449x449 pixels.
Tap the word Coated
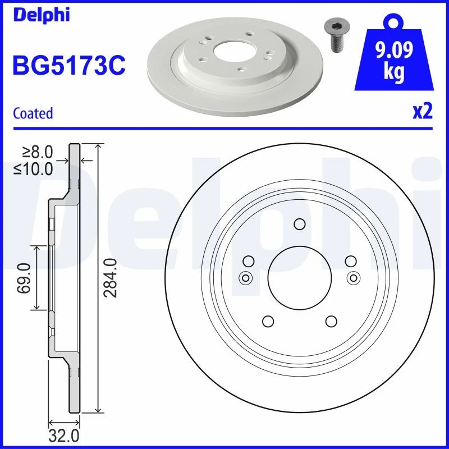click(x=33, y=113)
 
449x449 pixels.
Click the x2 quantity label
click(x=422, y=112)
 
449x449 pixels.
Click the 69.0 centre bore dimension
click(x=24, y=278)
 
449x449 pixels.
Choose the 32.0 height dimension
click(x=64, y=436)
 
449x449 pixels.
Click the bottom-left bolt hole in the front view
click(x=267, y=321)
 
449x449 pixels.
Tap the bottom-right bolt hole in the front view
click(x=331, y=321)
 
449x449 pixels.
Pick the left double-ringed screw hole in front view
click(x=245, y=277)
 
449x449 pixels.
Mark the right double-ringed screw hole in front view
click(x=353, y=277)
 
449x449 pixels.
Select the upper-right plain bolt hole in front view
click(x=350, y=261)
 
